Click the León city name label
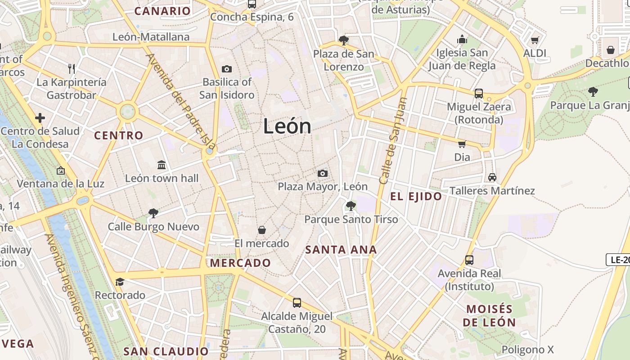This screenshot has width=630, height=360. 287,126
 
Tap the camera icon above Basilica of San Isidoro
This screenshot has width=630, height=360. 227,69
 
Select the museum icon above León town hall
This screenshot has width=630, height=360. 162,165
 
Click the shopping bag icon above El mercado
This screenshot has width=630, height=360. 262,230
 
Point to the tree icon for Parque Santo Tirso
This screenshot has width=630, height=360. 351,206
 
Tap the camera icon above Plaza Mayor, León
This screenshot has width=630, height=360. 322,173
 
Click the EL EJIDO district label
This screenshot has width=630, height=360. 416,196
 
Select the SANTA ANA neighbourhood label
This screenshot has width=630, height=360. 341,249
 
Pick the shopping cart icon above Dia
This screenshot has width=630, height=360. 462,144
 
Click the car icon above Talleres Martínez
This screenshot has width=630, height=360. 492,177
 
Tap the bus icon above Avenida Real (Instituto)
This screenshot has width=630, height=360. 469,260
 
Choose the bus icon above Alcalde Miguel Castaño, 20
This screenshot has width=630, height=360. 297,302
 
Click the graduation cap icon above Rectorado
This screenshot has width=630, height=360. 120,282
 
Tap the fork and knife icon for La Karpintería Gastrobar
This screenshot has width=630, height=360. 71,68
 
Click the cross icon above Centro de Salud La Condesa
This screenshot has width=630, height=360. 40,118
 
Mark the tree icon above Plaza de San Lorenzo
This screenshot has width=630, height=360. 344,40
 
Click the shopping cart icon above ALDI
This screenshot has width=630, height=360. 535,40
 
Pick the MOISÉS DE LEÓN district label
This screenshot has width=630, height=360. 489,315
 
